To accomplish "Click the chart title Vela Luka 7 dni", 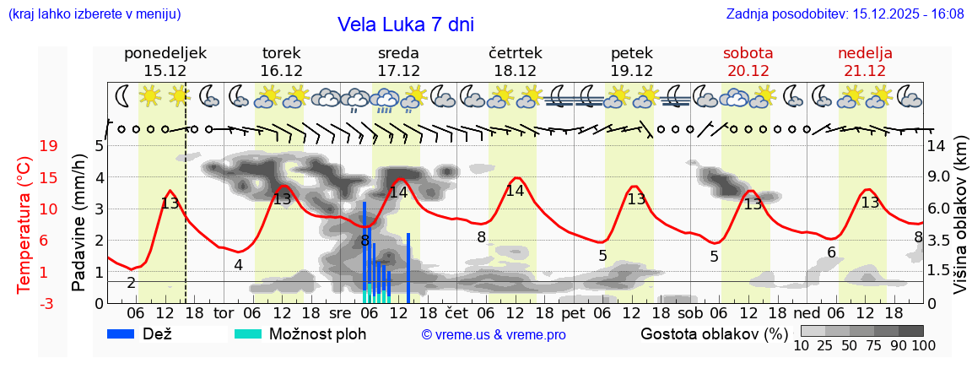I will click(x=405, y=24).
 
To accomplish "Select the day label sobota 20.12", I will click(x=748, y=62).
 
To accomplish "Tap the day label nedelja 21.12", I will click(x=865, y=62).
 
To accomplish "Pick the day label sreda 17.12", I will click(x=398, y=62).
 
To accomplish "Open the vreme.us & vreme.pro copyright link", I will click(x=494, y=335).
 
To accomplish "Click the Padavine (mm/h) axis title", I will click(x=79, y=223).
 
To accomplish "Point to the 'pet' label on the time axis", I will click(x=573, y=313).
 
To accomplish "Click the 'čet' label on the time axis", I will click(x=456, y=313).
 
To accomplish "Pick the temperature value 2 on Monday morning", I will click(x=131, y=282).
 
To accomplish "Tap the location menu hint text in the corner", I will click(x=94, y=14).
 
